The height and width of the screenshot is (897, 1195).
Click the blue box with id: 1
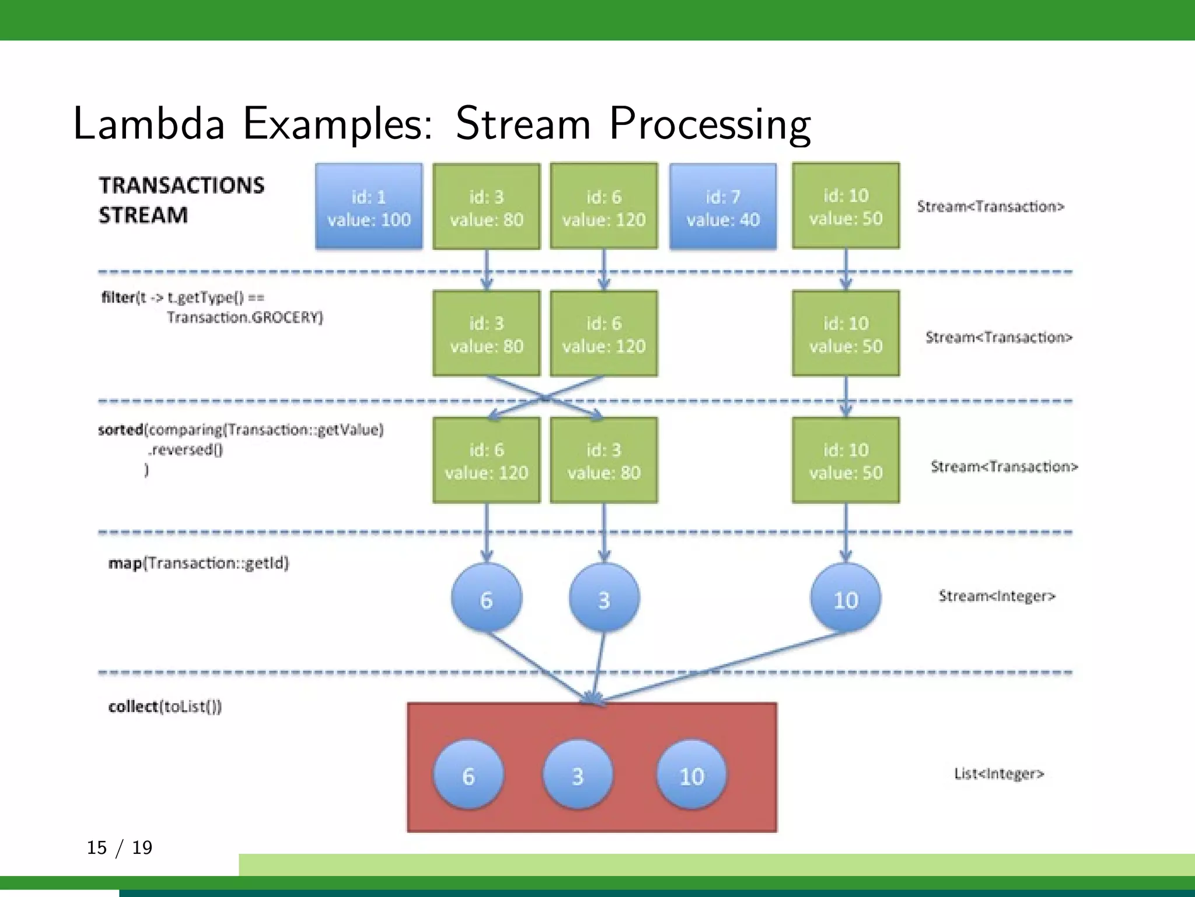[x=369, y=207]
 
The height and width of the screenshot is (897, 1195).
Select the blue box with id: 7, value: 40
[x=723, y=207]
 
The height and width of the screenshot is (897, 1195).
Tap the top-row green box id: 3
[x=487, y=207]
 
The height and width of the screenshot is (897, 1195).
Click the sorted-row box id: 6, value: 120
[x=487, y=460]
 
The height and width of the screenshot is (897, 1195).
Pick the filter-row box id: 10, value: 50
[x=845, y=333]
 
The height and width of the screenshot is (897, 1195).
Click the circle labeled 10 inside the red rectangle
[x=691, y=775]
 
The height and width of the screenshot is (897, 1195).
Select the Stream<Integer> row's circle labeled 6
[x=487, y=598]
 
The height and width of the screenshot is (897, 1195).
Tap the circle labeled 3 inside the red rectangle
[x=578, y=775]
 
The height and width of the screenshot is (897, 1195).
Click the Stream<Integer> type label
[x=997, y=596]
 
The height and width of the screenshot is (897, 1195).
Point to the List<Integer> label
[x=999, y=774]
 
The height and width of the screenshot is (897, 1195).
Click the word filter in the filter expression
[x=118, y=298]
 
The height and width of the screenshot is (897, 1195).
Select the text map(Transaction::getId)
[x=198, y=563]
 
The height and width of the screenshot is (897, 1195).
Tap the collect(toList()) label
[x=165, y=707]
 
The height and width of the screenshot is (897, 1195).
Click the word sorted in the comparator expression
[x=121, y=430]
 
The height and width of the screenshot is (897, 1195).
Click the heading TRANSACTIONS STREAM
[x=181, y=200]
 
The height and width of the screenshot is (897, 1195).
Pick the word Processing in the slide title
[x=710, y=124]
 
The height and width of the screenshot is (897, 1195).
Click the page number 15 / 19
[x=120, y=847]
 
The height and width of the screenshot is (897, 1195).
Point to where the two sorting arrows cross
[x=546, y=398]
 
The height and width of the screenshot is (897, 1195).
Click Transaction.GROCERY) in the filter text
[x=244, y=318]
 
